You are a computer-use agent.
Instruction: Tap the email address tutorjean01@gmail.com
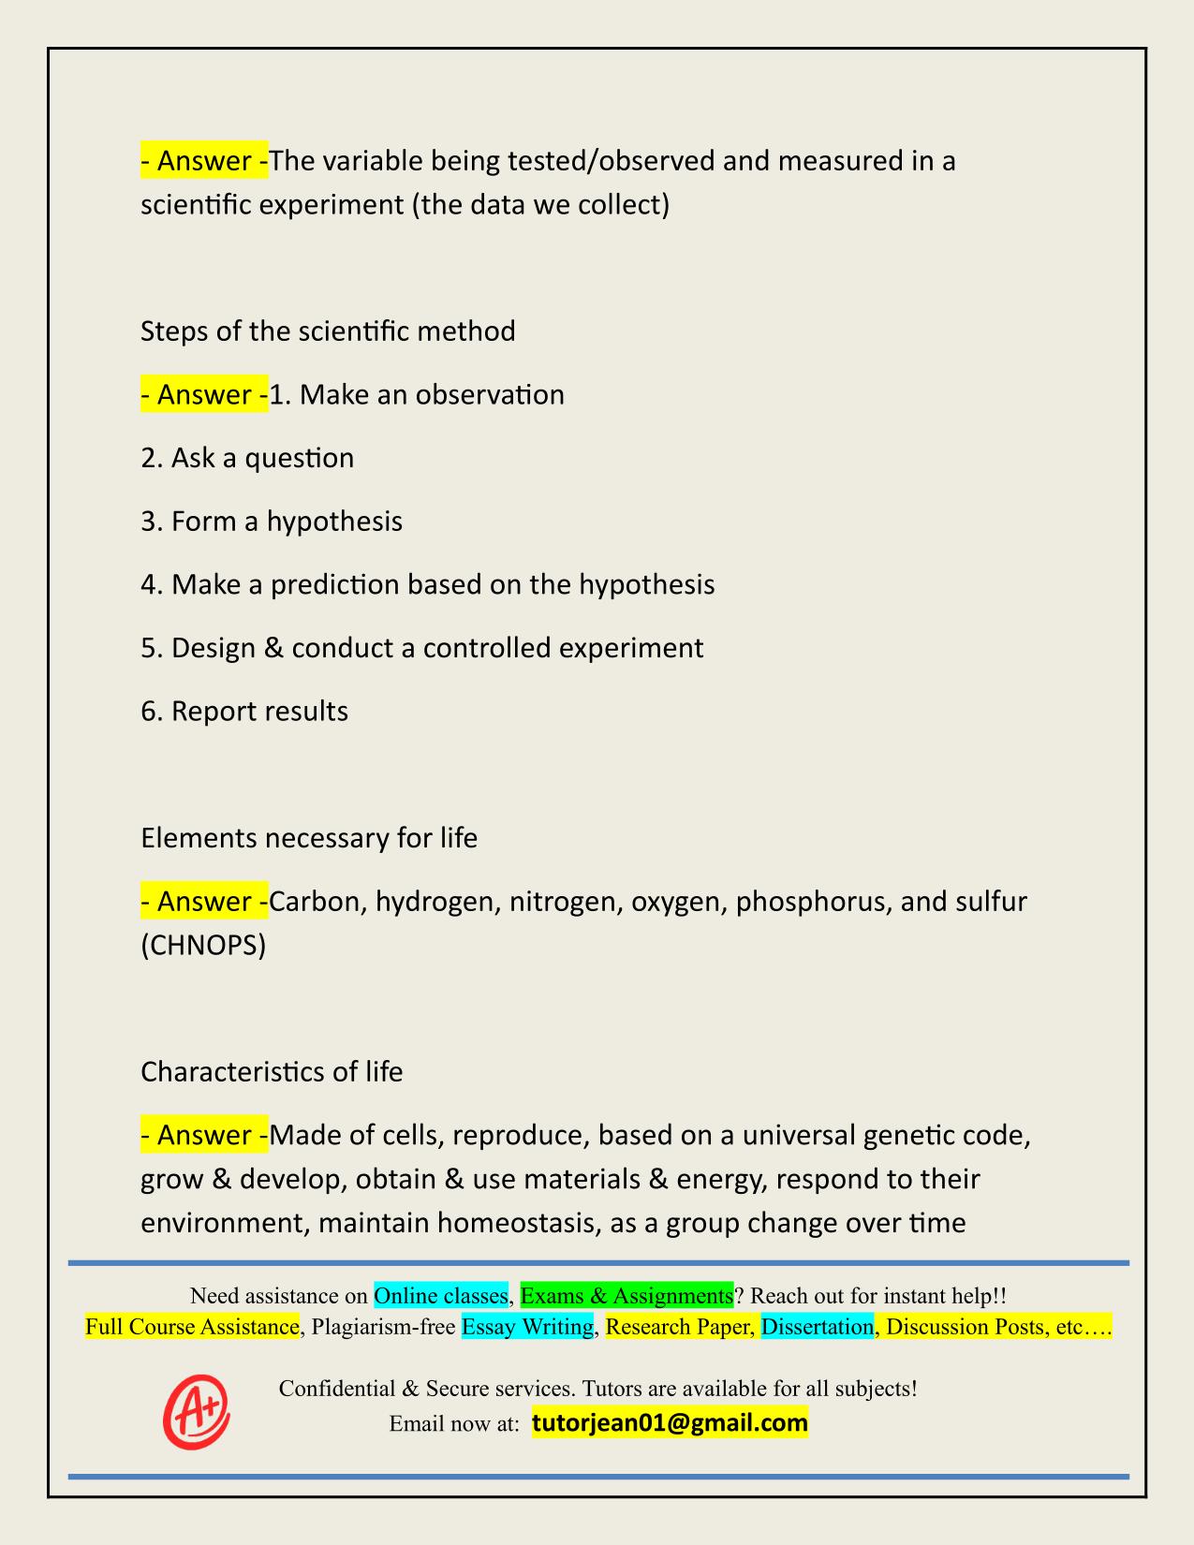[x=670, y=1423]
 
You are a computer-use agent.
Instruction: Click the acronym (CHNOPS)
[x=203, y=946]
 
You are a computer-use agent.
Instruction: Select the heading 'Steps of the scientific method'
[x=328, y=331]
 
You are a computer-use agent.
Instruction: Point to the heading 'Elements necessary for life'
[x=309, y=837]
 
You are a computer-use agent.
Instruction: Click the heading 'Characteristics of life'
[x=272, y=1071]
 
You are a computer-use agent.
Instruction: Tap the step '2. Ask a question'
[x=247, y=458]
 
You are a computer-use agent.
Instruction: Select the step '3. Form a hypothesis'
[x=272, y=521]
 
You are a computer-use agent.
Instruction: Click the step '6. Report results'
[x=244, y=711]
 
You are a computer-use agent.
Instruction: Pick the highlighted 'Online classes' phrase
[x=440, y=1295]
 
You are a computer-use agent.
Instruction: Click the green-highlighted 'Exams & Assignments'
[x=626, y=1295]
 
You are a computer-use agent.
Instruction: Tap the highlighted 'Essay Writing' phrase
[x=528, y=1326]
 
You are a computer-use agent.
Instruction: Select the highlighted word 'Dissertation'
[x=817, y=1326]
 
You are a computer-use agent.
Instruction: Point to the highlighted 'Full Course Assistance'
[x=192, y=1326]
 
